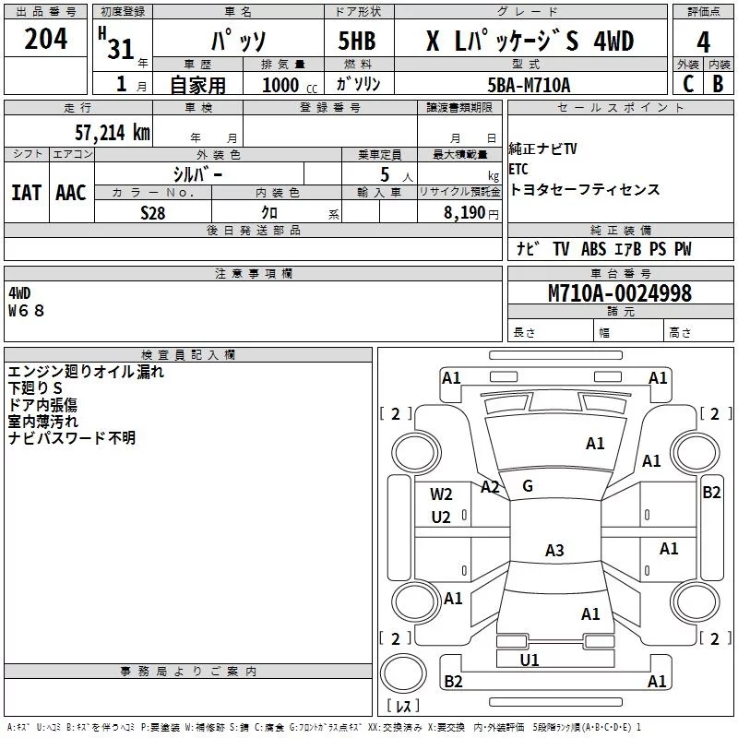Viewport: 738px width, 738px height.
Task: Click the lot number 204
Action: (x=45, y=39)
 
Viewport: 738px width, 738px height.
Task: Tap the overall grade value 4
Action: (x=703, y=42)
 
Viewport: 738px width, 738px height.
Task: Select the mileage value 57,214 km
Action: (x=113, y=133)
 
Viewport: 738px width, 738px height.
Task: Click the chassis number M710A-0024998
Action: (x=620, y=292)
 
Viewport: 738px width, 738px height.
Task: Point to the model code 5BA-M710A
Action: (x=529, y=85)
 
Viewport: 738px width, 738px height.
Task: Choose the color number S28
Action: (x=153, y=213)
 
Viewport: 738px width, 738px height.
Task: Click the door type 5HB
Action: (x=357, y=41)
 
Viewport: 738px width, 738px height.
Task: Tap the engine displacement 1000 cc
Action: (x=290, y=85)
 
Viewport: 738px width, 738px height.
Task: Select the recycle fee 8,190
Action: (x=465, y=213)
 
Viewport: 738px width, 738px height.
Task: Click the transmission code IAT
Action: (x=26, y=193)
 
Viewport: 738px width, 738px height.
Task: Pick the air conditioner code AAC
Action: (x=71, y=193)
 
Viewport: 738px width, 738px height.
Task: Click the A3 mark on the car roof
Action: (x=554, y=550)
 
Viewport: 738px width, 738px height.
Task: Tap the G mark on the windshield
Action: (x=528, y=486)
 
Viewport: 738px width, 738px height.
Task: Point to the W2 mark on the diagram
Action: (x=441, y=494)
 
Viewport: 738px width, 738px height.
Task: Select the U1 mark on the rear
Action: (x=530, y=661)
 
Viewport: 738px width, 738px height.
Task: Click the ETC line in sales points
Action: (x=518, y=169)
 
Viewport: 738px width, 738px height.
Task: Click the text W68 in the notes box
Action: (x=27, y=311)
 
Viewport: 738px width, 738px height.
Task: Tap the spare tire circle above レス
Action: (x=403, y=673)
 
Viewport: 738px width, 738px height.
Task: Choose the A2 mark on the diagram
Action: (x=490, y=487)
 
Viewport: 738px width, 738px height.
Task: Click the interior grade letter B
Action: (x=719, y=84)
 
